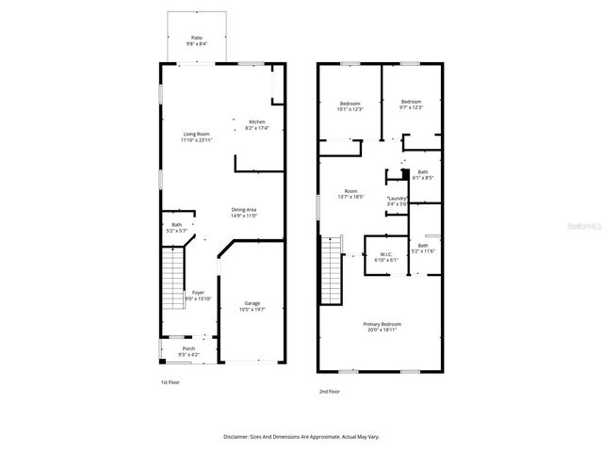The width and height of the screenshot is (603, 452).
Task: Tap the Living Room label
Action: coord(197,137)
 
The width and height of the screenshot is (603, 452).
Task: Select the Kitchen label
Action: coord(256,124)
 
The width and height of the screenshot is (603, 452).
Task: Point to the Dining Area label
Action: coord(244,212)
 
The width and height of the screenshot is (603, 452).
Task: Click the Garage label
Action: coord(252,305)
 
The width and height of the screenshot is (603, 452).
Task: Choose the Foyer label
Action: coord(198,295)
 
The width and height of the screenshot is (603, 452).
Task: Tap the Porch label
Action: coord(189,350)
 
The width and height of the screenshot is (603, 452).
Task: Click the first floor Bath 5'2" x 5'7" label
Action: coord(176,227)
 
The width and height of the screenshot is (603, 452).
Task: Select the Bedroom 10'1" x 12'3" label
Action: coord(350,105)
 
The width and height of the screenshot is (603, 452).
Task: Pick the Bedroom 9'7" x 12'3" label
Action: coord(411,104)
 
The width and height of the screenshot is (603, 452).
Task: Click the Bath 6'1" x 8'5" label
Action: coord(423,174)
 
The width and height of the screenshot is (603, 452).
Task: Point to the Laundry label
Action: coord(397,201)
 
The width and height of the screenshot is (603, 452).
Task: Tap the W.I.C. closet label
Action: coord(386,256)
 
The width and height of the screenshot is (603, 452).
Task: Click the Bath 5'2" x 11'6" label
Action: coord(423,248)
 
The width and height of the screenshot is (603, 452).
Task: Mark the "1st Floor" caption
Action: coord(170,382)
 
